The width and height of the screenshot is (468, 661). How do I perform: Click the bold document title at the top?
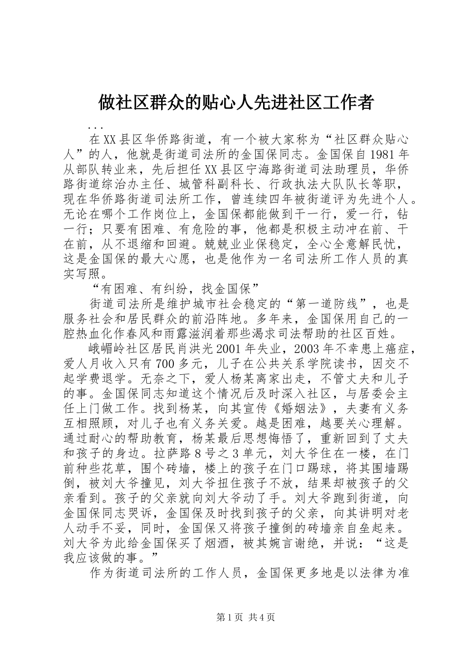tap(234, 103)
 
